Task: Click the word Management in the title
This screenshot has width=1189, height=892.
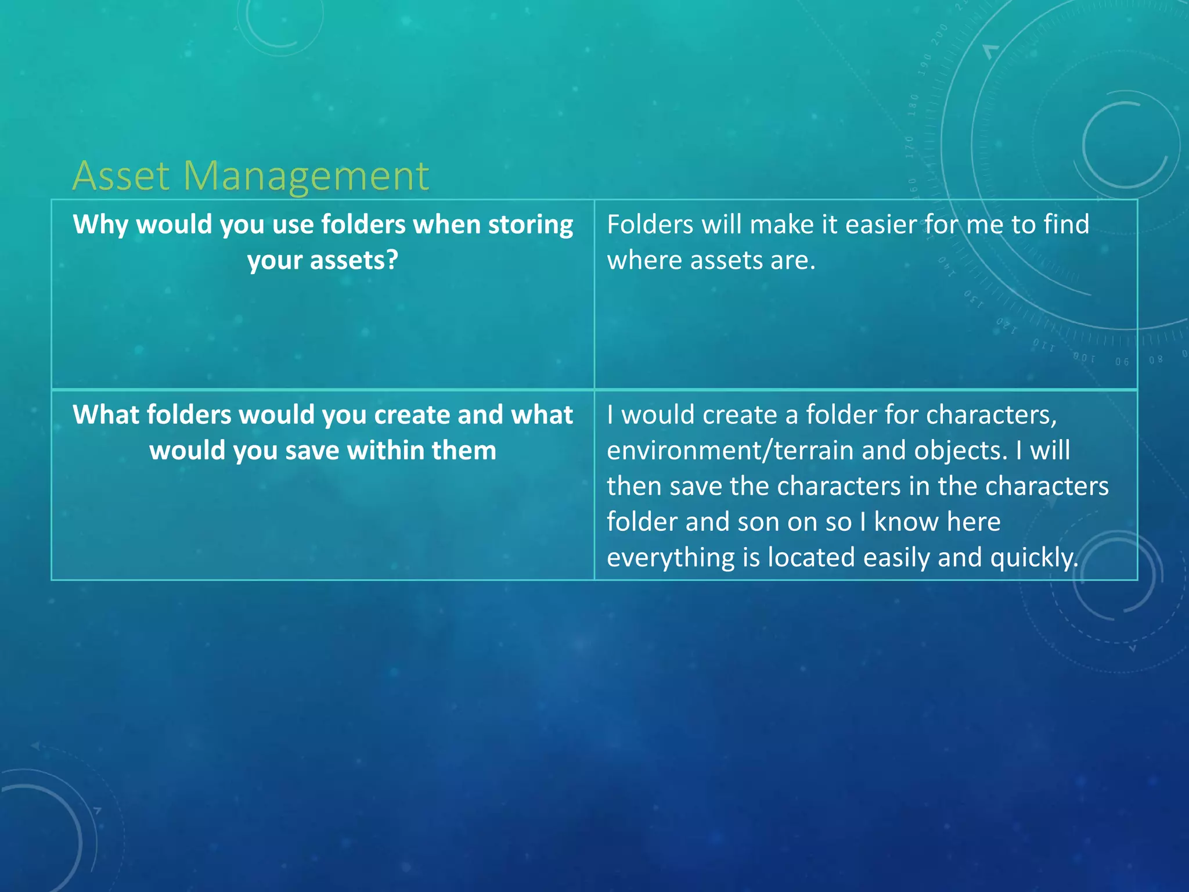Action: (306, 177)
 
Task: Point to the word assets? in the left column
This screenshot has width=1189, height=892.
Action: (354, 260)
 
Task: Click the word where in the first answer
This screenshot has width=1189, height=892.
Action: (644, 260)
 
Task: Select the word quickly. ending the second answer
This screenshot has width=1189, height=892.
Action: (1034, 557)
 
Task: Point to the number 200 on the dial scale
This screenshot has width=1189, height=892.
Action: (939, 35)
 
